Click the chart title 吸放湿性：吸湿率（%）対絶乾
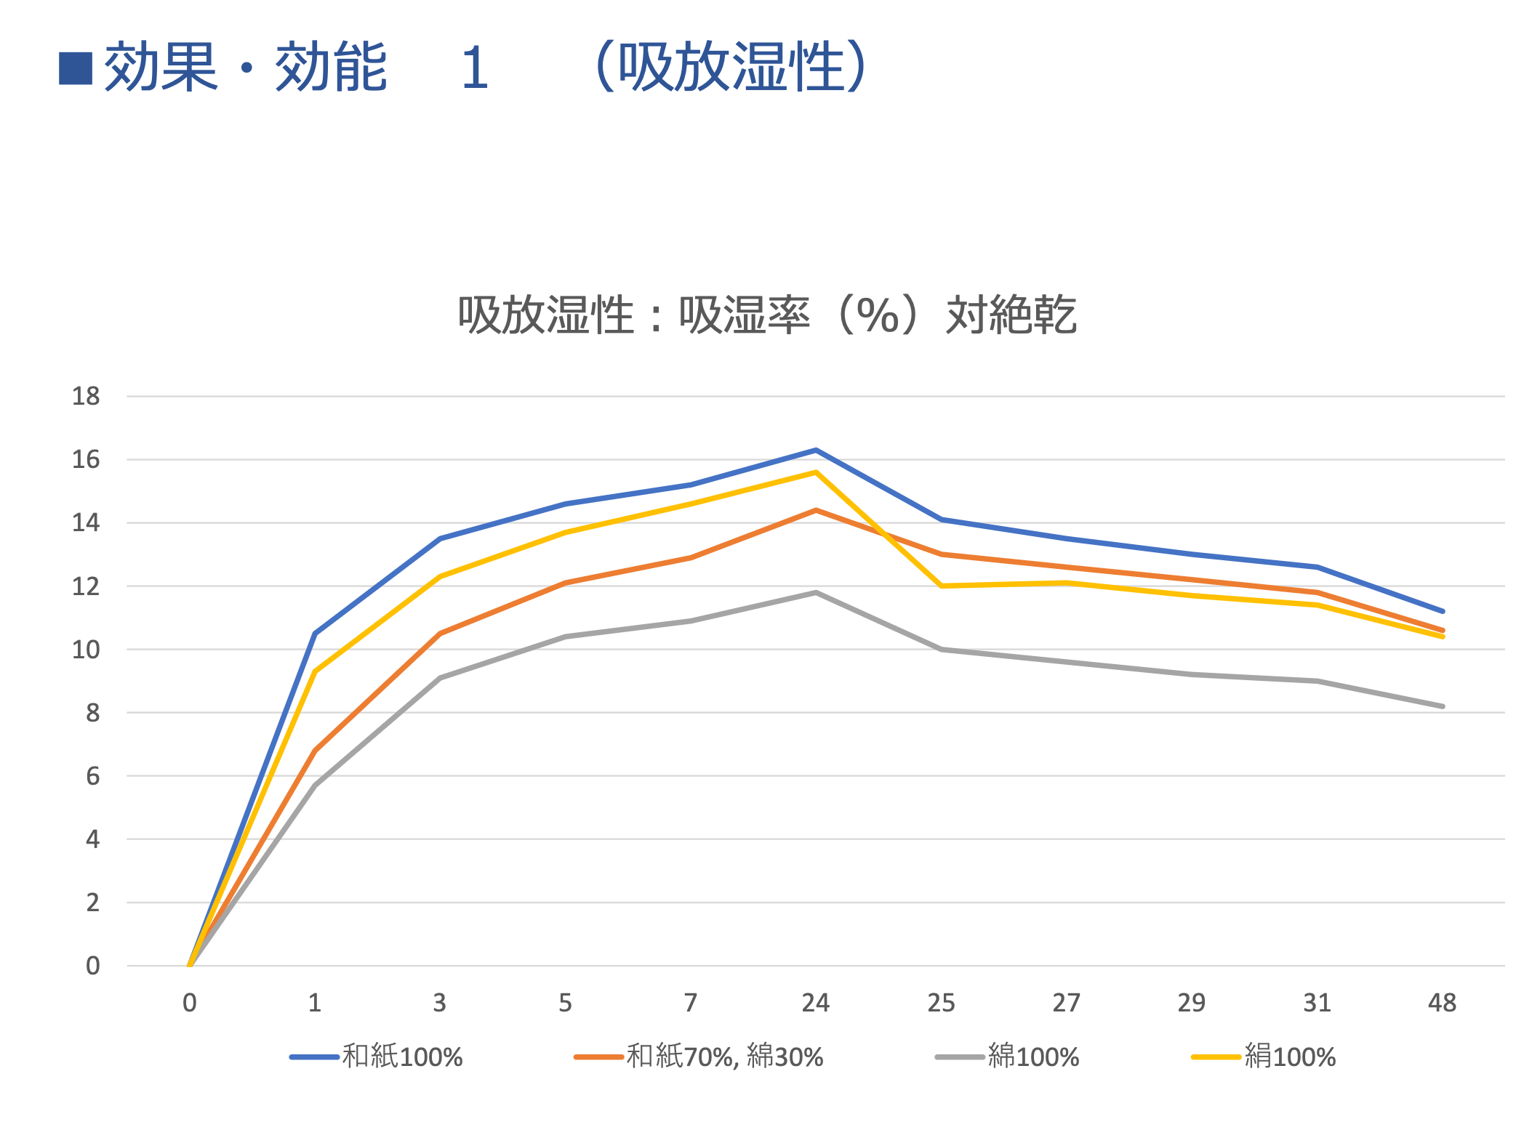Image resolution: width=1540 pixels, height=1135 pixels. point(767,315)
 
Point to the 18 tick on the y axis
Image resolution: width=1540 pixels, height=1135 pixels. point(86,396)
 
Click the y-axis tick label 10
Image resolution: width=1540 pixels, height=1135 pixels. point(86,650)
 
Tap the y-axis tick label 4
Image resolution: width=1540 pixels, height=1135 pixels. point(92,839)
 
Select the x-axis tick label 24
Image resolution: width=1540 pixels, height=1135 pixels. point(816,1003)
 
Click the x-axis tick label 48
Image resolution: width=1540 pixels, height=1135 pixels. point(1442,1003)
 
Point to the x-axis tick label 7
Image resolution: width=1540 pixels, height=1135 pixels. point(691,1003)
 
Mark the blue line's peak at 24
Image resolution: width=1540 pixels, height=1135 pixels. point(816,451)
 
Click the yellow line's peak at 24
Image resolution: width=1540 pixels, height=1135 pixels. point(816,472)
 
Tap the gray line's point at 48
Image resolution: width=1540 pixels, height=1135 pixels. point(1442,706)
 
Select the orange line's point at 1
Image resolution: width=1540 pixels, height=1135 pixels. point(315,751)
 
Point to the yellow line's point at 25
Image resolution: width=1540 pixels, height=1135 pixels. point(942,586)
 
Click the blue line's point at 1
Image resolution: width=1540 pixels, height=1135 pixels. point(315,634)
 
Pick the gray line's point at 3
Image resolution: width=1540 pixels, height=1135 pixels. point(440,678)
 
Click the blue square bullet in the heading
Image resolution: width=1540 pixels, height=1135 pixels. point(76,68)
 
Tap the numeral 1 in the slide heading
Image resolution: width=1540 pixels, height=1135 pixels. point(475,68)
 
